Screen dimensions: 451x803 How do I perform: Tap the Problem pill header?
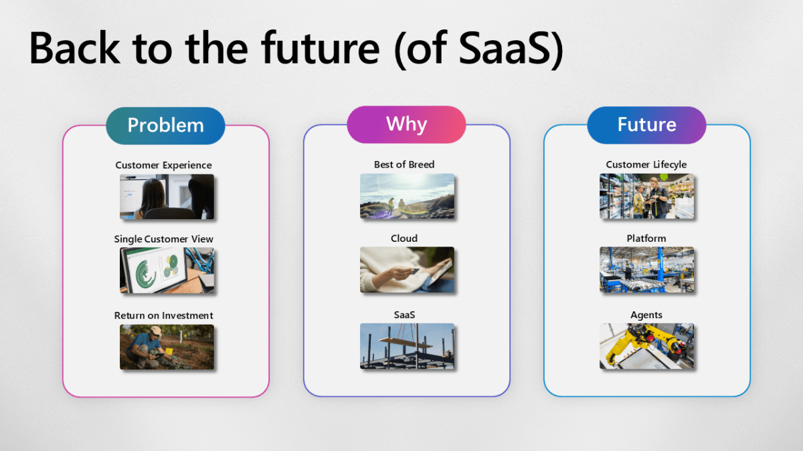coord(165,125)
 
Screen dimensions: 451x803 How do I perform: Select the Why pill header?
coord(406,124)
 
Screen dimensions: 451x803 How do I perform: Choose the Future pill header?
coord(646,124)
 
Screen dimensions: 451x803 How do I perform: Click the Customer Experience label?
coord(163,165)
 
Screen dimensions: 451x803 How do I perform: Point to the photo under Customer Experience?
coord(167,196)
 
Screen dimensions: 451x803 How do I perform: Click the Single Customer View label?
coord(163,239)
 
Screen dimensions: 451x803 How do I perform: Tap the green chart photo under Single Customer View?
coord(167,270)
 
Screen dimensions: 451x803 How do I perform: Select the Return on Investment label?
coord(163,315)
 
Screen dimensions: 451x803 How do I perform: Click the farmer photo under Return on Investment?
coord(167,347)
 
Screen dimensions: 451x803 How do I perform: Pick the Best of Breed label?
coord(404,164)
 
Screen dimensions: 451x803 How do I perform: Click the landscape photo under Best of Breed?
coord(407,196)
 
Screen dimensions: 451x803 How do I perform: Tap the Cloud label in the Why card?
coord(404,238)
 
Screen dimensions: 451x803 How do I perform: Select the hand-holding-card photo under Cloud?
coord(407,269)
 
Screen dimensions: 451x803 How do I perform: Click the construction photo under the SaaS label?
coord(407,346)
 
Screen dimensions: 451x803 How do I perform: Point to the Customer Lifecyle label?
coord(646,164)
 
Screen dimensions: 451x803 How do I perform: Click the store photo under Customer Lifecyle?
coord(646,196)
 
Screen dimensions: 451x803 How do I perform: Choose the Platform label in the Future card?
coord(646,238)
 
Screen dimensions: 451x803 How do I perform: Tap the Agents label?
coord(646,315)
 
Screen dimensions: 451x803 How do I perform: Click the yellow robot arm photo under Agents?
coord(646,346)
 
